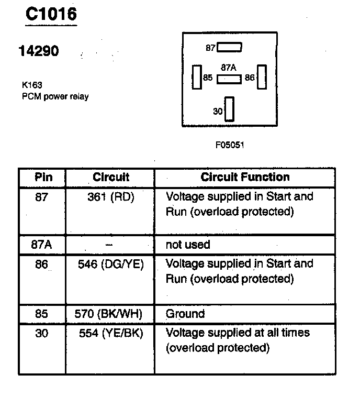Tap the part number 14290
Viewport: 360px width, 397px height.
pos(39,51)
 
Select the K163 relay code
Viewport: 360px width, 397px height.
pos(31,84)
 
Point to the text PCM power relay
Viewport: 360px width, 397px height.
pos(55,96)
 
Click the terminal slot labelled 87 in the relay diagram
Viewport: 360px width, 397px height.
pos(229,48)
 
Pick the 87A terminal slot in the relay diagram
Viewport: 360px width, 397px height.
pos(229,79)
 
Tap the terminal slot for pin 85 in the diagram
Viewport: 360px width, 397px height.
pos(197,77)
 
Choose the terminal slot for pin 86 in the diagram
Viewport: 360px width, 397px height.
pos(262,77)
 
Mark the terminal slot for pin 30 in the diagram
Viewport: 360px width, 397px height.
pos(229,109)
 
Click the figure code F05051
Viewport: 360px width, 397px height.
pos(229,145)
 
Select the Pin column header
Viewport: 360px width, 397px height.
pos(43,177)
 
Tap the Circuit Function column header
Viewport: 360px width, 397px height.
pos(245,177)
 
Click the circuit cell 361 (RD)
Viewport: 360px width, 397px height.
pos(110,197)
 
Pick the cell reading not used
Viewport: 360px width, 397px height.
pos(187,245)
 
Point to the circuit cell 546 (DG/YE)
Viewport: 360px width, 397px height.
pos(110,264)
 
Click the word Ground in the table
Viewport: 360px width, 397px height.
pos(185,314)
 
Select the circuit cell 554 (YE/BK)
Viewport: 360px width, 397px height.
pos(110,333)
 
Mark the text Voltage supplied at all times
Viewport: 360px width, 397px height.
pos(238,333)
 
